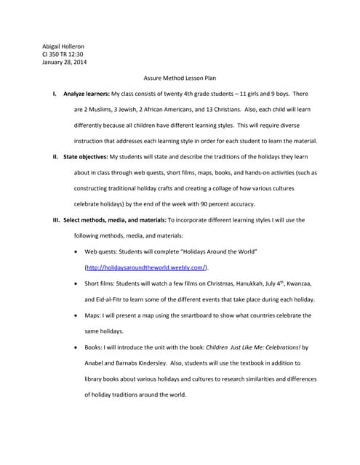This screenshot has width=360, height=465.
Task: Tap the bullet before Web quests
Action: coord(78,251)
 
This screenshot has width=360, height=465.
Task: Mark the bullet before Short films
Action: coord(78,283)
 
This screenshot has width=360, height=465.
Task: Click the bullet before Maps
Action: coord(78,315)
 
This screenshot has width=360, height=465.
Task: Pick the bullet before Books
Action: coord(78,347)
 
